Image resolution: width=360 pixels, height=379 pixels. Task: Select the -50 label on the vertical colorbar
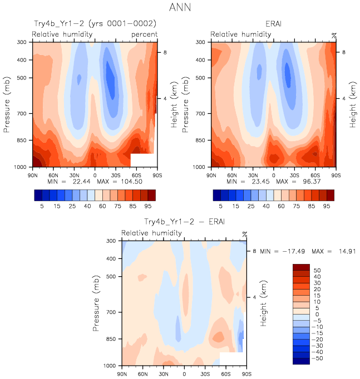point(317,358)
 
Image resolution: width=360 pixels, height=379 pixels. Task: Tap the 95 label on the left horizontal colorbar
point(151,206)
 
